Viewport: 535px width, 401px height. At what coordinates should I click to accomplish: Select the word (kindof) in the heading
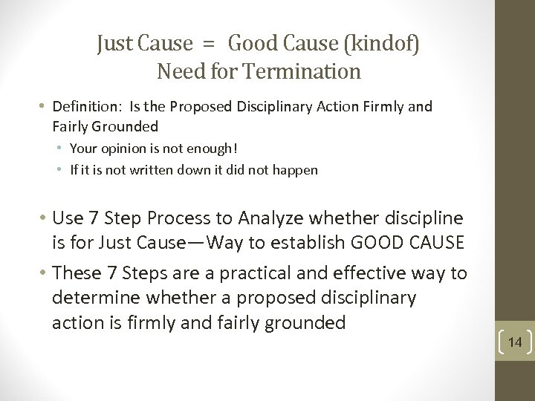point(380,45)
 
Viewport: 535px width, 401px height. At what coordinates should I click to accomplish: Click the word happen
point(296,169)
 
